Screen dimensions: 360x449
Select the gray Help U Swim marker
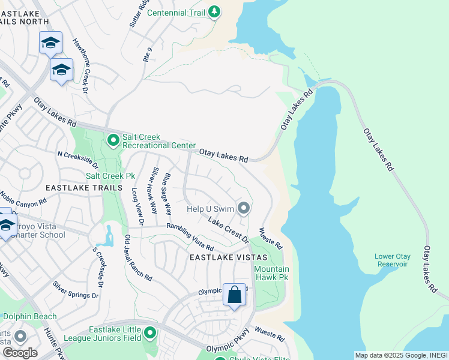243,209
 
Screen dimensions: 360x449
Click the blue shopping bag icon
234,295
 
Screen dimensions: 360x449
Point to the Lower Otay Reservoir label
393,260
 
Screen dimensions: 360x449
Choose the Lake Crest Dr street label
228,230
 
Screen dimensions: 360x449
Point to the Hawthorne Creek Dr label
80,67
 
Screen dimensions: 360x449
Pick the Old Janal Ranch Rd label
137,258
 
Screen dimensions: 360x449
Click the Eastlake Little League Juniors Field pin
149,333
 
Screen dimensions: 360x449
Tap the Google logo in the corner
19,352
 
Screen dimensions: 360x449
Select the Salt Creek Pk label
110,176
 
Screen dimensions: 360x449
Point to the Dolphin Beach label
29,316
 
